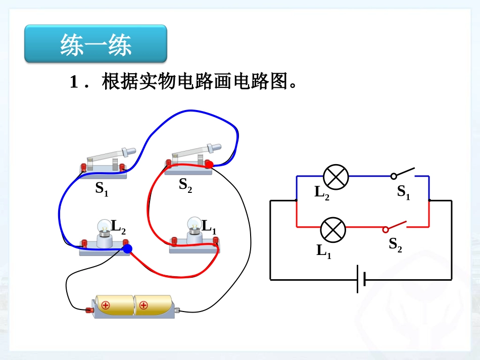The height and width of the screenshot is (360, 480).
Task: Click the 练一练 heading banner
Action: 95,44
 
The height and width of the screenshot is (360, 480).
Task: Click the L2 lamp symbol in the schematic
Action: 336,176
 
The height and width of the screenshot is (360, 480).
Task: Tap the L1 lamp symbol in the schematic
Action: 333,229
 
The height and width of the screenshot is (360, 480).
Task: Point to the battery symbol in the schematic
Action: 361,279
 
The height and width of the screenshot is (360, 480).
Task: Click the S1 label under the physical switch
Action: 102,189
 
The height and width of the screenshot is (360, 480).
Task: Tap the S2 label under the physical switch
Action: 185,185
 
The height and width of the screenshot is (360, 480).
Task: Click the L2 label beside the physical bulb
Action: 118,227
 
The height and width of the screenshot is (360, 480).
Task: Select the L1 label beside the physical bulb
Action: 209,227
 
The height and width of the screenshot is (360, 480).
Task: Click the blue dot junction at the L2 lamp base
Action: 127,248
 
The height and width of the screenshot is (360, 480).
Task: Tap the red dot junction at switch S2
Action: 209,164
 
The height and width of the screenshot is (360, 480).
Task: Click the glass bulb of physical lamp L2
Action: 104,226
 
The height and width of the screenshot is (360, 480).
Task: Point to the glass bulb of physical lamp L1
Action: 194,223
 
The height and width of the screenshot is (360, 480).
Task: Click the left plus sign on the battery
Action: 106,305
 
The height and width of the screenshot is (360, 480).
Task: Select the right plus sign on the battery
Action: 143,305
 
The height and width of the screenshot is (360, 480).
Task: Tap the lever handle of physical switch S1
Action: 128,150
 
